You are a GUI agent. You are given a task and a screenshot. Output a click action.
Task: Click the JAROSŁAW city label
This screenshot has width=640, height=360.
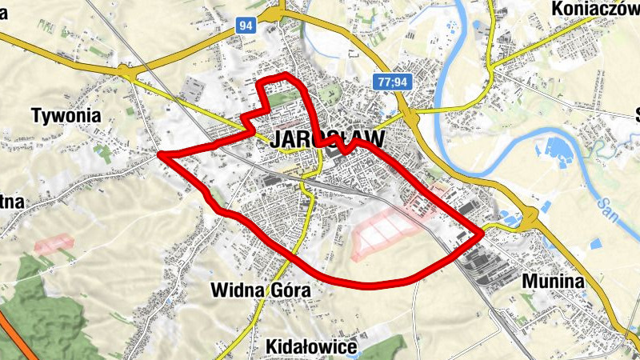(x=328, y=138)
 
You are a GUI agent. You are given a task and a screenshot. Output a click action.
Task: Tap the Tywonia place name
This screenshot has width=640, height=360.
(x=66, y=115)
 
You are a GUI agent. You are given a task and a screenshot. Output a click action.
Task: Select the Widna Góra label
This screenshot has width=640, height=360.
(x=262, y=290)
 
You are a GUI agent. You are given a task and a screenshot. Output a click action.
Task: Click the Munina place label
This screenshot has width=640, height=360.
(x=551, y=282)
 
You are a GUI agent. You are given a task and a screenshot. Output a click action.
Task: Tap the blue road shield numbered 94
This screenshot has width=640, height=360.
(x=246, y=26)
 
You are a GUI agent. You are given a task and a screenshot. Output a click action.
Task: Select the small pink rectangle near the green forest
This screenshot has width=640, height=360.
(x=53, y=242)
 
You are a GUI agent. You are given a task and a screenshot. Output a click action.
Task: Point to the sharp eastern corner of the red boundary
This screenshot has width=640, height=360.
(x=482, y=234)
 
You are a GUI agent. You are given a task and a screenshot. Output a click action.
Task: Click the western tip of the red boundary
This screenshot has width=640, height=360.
(x=160, y=154)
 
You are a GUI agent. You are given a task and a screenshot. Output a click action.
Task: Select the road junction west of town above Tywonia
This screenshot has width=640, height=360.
(x=126, y=73)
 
